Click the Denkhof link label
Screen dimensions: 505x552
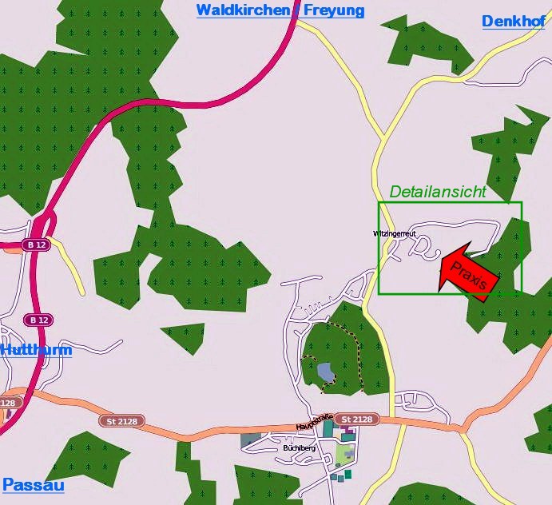click(513, 21)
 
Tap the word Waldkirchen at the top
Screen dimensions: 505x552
click(243, 10)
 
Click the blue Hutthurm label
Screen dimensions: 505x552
click(37, 350)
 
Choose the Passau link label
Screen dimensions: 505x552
click(34, 485)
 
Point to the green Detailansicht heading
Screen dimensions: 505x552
click(437, 192)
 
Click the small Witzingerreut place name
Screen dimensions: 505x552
click(395, 233)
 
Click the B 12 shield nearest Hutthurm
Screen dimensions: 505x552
click(38, 320)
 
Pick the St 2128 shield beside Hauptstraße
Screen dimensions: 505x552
click(356, 420)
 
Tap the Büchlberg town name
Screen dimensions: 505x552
click(299, 448)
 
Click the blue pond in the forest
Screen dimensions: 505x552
click(325, 372)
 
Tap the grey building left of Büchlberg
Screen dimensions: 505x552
click(250, 439)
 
